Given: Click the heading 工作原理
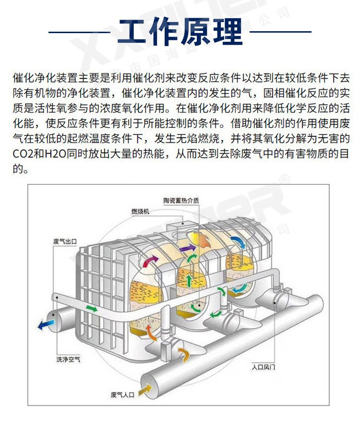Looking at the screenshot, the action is click(x=180, y=31).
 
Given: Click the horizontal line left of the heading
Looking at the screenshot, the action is click(x=80, y=32).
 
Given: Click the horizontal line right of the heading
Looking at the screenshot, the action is click(x=280, y=32).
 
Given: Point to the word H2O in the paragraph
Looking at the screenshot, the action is click(x=55, y=154).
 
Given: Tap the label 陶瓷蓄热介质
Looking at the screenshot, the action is click(x=181, y=201).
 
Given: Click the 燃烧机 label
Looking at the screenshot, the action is click(x=140, y=211).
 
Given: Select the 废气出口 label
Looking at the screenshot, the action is click(x=65, y=241).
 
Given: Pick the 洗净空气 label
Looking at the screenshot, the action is click(x=68, y=359).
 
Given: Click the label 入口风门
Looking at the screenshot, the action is click(x=263, y=367).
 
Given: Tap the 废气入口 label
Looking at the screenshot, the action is click(x=122, y=395).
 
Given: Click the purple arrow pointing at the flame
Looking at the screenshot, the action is click(x=188, y=248).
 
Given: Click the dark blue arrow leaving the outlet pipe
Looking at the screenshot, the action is click(x=46, y=325).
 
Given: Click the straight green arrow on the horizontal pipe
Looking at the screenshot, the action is click(x=92, y=309).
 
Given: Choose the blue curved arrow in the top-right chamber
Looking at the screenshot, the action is click(x=239, y=242).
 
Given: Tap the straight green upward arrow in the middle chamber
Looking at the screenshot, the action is click(x=190, y=281).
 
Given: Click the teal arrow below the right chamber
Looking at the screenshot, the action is click(x=239, y=289).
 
